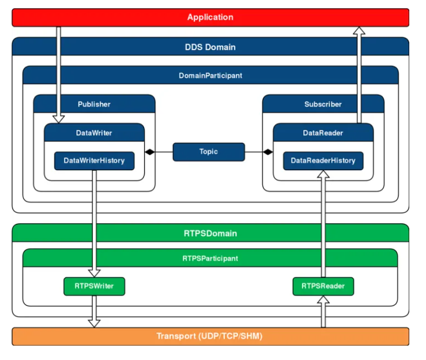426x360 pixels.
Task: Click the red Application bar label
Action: point(210,17)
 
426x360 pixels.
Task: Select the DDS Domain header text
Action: point(210,47)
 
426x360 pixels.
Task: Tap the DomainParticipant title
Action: point(210,76)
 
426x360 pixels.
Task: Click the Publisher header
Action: point(94,104)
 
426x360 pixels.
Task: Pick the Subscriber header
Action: point(323,104)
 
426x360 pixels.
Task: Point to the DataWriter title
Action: point(94,133)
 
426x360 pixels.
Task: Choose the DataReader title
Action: point(323,133)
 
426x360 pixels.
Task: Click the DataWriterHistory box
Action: point(95,161)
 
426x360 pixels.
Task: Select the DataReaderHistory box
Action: point(323,161)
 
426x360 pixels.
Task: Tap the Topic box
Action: point(209,152)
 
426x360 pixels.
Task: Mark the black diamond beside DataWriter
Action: point(150,152)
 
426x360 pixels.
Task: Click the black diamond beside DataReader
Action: point(268,152)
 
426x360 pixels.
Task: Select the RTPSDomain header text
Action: point(210,233)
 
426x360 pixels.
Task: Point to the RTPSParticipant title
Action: point(210,258)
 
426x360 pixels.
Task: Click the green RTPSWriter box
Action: point(95,286)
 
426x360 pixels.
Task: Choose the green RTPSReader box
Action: point(323,286)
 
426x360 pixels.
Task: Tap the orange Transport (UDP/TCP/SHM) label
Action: point(209,336)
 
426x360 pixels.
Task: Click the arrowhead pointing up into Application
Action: point(359,31)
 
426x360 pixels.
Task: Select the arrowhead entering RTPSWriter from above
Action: point(95,273)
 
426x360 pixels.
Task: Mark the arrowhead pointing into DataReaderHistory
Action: point(323,174)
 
